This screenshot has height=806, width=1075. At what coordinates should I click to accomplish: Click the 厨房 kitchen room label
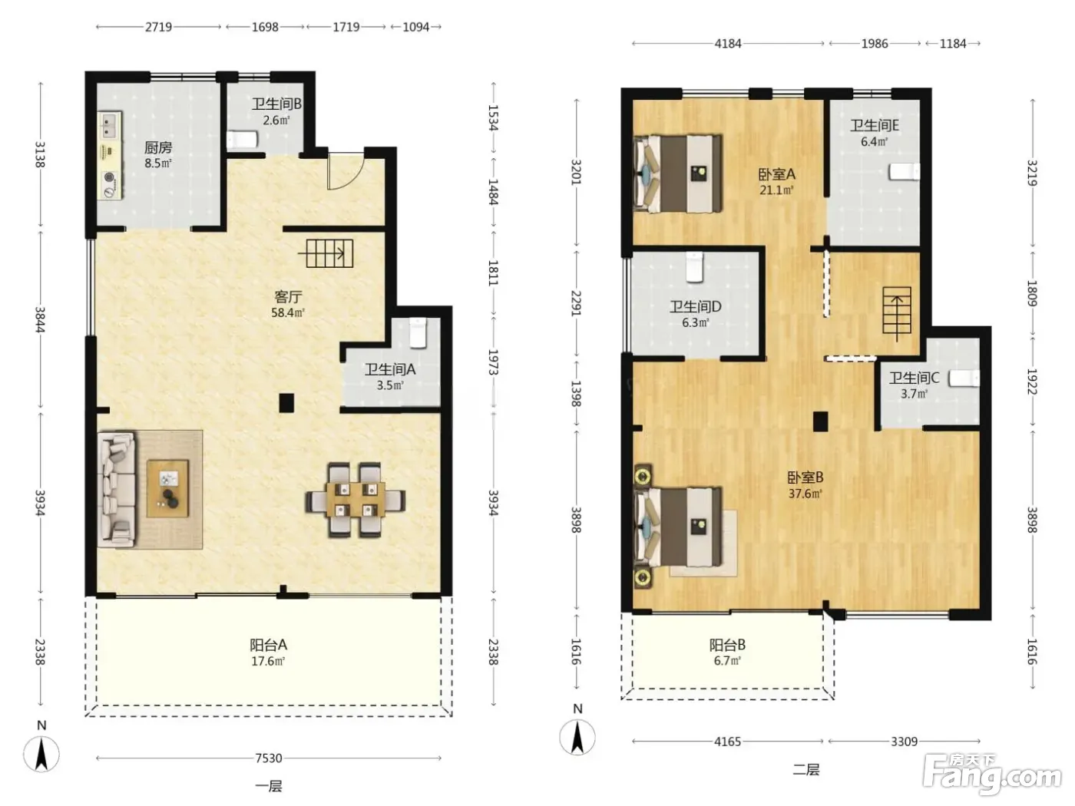pos(157,147)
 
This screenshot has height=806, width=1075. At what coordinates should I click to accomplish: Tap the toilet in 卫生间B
pos(242,140)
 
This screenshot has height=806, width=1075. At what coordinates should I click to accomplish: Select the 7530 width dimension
pos(269,758)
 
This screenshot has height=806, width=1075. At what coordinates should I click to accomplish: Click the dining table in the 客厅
pos(356,500)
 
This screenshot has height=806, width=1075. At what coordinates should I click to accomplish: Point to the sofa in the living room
pos(117,489)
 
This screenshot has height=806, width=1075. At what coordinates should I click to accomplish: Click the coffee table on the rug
pos(168,488)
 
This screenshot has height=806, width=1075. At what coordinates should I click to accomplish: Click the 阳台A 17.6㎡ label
pos(269,652)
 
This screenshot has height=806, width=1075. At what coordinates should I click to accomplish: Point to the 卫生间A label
pos(390,369)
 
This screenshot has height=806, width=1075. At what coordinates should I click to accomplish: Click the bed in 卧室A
pos(678,173)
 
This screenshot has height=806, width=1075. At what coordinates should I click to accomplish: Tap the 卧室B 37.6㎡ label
pos(805,485)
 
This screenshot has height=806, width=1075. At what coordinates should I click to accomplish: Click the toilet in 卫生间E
pos(904,172)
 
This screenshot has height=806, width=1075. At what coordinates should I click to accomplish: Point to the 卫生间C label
pos(914,378)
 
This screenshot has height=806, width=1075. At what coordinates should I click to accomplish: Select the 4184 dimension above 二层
pos(728,44)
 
